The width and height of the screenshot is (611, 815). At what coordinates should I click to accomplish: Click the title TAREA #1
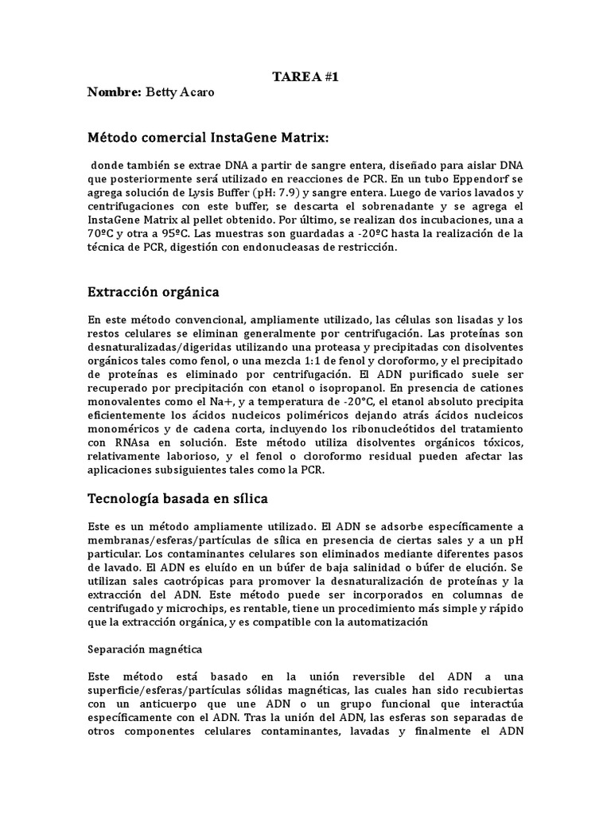coord(305,77)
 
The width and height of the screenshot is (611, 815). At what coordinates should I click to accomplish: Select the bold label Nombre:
coord(115,93)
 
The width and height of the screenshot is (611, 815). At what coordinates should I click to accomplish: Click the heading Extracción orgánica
coord(153,292)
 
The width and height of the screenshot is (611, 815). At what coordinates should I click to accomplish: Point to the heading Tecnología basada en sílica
coord(177,499)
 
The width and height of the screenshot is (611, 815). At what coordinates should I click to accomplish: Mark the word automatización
coord(384,622)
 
